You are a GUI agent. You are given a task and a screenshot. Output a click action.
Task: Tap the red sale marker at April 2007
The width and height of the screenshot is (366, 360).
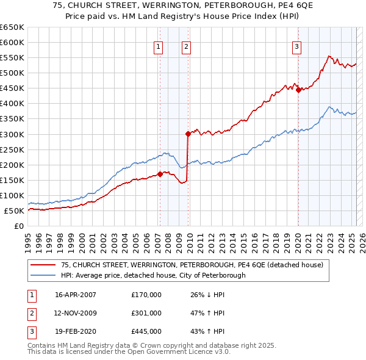pyautogui.click(x=160, y=174)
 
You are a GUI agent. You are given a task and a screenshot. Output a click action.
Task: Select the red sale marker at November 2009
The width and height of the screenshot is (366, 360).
pyautogui.click(x=188, y=134)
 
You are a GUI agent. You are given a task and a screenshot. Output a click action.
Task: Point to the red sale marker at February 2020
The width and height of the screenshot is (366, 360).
pyautogui.click(x=298, y=90)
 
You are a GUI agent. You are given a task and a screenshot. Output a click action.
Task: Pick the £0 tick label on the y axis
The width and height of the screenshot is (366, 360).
pyautogui.click(x=18, y=226)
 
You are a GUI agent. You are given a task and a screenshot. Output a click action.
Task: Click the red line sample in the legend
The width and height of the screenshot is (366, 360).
pyautogui.click(x=44, y=265)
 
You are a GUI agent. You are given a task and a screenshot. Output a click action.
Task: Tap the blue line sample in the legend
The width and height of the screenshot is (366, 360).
pyautogui.click(x=44, y=275)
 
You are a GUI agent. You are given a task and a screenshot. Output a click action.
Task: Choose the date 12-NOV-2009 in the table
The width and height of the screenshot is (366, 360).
pyautogui.click(x=76, y=313)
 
